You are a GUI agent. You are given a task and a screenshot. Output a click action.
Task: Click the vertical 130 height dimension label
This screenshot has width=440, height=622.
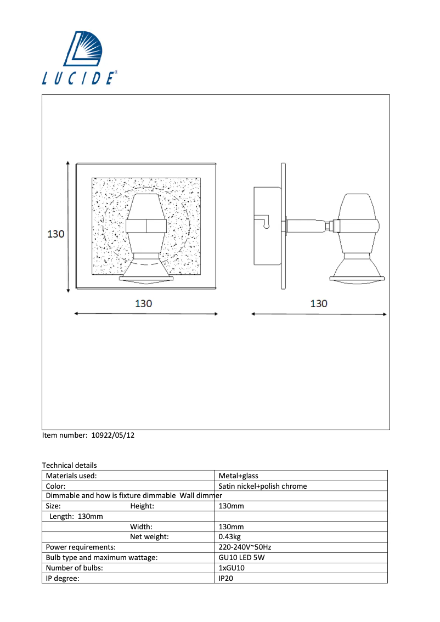point(55,234)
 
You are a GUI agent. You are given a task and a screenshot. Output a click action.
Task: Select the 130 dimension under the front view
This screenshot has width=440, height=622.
point(143,303)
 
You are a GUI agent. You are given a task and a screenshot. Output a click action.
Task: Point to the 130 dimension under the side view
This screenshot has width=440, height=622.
point(319,303)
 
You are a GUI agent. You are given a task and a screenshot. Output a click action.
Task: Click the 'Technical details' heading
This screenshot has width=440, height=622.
point(69,465)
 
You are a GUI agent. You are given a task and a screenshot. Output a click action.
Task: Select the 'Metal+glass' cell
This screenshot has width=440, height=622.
point(238,476)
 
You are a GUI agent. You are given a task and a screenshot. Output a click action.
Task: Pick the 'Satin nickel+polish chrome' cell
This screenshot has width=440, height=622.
point(262,486)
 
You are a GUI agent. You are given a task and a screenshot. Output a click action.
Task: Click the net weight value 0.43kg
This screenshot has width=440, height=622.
point(230,536)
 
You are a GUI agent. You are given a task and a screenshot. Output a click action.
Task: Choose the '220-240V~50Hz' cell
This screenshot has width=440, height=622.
point(245,547)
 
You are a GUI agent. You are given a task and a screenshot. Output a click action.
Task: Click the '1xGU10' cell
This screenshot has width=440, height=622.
point(232,568)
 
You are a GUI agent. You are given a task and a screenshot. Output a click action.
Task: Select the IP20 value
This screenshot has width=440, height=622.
point(226,578)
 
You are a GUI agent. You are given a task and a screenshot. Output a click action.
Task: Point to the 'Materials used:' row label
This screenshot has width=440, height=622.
point(71,476)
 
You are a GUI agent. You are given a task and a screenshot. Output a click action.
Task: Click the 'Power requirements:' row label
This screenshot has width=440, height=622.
point(81,547)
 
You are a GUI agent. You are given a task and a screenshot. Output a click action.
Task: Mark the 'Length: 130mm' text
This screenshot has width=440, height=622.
point(76,516)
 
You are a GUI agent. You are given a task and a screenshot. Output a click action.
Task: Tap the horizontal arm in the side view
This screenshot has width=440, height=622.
point(304,225)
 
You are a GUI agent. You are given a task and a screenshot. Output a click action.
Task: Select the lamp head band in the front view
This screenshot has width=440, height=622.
point(146,226)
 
